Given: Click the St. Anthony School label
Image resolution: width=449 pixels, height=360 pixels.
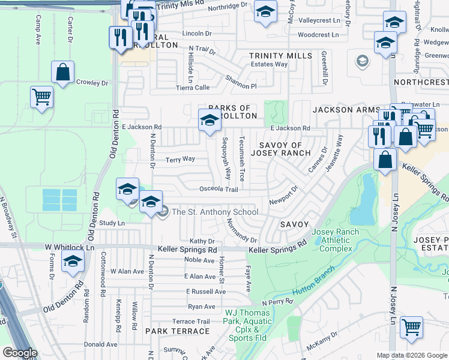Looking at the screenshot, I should (215, 212).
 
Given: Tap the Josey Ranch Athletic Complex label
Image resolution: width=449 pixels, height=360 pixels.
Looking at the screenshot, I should (336, 240).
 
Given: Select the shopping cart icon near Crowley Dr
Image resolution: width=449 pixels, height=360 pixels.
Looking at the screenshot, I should (41, 97).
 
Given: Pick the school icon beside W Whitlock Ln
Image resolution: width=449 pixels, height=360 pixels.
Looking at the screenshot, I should (73, 262).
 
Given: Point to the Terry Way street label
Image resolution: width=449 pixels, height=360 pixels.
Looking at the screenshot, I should (180, 159).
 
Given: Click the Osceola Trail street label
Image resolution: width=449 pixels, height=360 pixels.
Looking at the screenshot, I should (218, 189).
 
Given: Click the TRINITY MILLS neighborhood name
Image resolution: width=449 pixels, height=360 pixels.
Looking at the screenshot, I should (281, 56).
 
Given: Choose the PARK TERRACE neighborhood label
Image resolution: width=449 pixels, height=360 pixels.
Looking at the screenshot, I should (177, 331).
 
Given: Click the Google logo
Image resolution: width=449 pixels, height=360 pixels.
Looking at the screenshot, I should (20, 353).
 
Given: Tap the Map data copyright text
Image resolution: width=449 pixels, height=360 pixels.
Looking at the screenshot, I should (412, 355).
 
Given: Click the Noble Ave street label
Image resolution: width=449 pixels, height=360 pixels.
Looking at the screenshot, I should (199, 260).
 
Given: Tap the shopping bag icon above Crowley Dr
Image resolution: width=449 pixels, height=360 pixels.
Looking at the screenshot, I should (63, 73).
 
